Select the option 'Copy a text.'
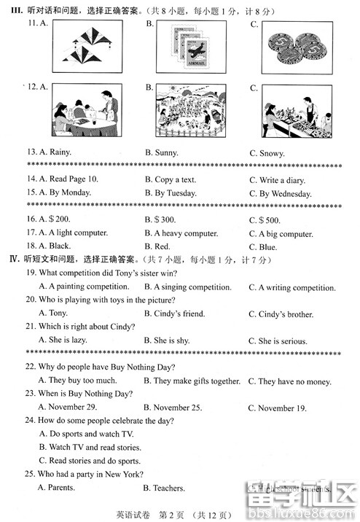[175, 180]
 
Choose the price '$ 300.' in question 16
[165, 219]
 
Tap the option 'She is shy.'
[171, 340]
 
